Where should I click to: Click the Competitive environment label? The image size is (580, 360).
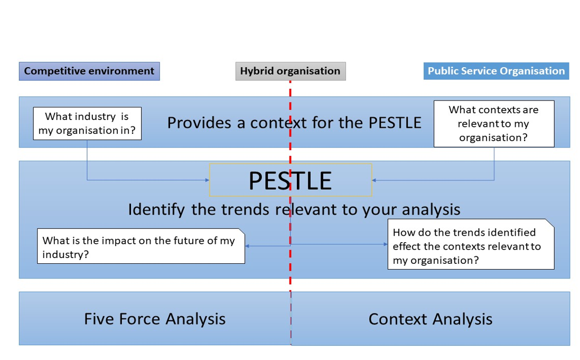[x=89, y=71]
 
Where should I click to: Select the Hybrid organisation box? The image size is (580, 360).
[x=290, y=71]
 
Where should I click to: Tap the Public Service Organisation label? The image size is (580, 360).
[x=496, y=71]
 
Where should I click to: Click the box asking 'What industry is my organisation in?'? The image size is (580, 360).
[x=87, y=123]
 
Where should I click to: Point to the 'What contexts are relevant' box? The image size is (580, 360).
[x=493, y=124]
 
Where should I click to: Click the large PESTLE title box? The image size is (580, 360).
[x=290, y=180]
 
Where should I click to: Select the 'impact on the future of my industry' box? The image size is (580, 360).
[x=141, y=247]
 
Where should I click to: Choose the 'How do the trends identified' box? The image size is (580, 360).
[x=470, y=246]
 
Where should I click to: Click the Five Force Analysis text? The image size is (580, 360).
[x=155, y=319]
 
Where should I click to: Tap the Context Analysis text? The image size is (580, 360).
[x=430, y=319]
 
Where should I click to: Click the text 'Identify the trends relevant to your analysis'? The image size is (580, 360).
[x=294, y=209]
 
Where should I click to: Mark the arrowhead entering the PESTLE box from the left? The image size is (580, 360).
[x=207, y=180]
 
